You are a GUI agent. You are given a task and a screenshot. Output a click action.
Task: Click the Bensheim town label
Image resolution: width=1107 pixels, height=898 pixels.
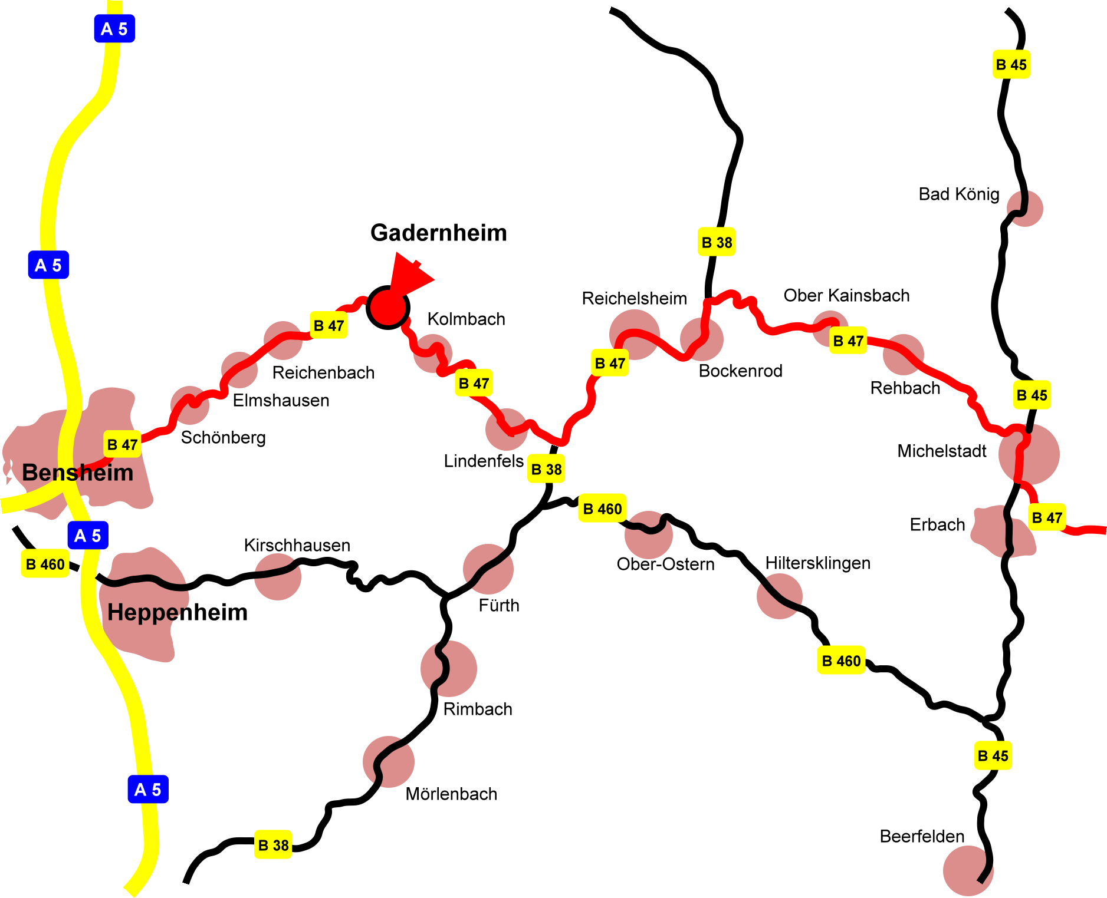click(77, 473)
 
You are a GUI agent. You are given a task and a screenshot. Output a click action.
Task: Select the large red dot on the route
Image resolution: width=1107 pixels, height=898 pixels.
click(388, 308)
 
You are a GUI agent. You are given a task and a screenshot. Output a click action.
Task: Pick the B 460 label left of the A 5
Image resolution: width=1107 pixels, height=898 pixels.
click(45, 564)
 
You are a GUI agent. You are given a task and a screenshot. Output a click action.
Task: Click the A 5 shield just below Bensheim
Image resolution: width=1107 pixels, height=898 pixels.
click(88, 536)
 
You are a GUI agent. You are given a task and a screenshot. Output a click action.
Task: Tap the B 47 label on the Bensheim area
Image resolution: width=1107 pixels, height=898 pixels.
click(123, 444)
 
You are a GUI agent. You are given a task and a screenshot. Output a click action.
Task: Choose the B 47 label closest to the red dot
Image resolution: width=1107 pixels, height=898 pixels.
click(329, 325)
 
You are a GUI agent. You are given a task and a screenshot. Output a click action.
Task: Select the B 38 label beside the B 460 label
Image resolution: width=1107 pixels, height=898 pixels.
click(546, 469)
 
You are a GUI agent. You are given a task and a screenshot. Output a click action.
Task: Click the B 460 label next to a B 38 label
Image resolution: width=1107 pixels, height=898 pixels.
click(602, 509)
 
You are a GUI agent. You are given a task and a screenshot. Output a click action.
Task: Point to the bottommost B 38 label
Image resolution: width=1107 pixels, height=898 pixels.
click(273, 845)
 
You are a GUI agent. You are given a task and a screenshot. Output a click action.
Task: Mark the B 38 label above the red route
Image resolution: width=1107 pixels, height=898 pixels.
click(717, 242)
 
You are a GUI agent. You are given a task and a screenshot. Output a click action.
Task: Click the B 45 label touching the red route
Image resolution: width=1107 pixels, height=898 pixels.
click(1032, 395)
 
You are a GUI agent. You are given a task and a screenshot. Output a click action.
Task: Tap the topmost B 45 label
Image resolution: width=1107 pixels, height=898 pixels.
click(1011, 64)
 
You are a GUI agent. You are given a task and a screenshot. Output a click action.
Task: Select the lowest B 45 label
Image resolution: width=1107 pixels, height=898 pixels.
click(993, 755)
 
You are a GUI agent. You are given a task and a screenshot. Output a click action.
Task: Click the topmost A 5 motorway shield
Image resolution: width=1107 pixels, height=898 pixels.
click(114, 29)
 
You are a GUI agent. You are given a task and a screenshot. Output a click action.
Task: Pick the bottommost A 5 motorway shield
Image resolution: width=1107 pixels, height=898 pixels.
click(148, 789)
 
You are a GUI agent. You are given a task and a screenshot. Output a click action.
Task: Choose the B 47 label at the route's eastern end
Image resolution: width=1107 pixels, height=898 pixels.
click(1047, 517)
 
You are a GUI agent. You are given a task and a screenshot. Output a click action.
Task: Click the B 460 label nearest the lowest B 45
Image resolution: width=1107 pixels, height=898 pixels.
click(841, 661)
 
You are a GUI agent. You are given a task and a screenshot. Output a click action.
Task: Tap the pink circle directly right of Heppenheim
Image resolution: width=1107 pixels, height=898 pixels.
click(278, 577)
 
